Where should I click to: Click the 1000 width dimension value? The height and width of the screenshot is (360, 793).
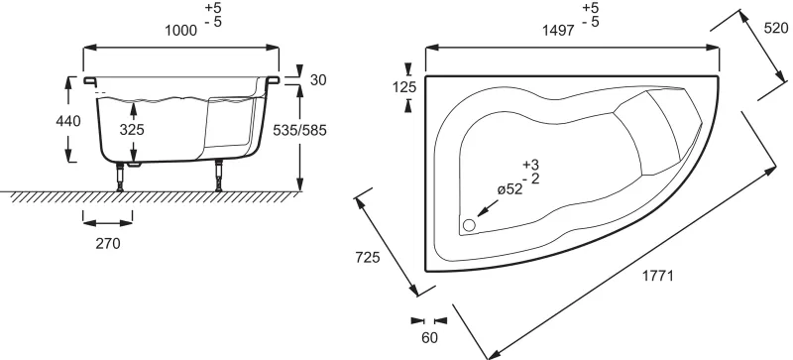(181, 31)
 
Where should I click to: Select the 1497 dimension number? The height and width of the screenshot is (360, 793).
(558, 31)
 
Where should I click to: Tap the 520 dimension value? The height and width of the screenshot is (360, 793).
(776, 29)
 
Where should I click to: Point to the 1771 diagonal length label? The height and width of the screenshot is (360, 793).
(658, 276)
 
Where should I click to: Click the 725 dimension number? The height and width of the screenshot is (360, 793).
(368, 257)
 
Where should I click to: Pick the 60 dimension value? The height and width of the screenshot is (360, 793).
(429, 338)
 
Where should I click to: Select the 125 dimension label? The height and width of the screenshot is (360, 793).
(404, 87)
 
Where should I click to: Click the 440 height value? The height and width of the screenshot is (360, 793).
(68, 121)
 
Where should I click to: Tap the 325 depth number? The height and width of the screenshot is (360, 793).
(132, 130)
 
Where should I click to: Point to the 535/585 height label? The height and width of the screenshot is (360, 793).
(300, 130)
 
